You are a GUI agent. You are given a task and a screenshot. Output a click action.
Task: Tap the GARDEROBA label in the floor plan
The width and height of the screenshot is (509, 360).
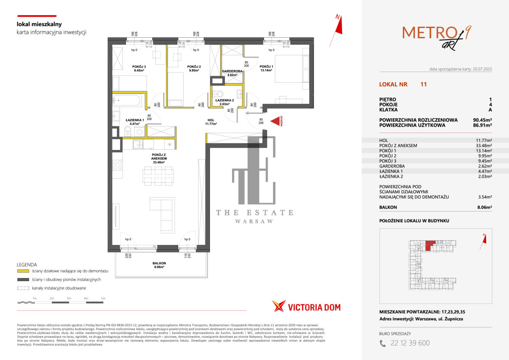coord(232,73)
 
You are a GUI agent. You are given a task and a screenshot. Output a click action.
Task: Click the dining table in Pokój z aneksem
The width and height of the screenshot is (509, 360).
coord(158,173)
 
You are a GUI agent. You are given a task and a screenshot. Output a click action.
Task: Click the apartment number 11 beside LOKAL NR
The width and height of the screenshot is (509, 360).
coord(423,84)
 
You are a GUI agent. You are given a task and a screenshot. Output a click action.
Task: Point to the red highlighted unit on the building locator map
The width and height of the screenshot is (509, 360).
coord(430,245)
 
